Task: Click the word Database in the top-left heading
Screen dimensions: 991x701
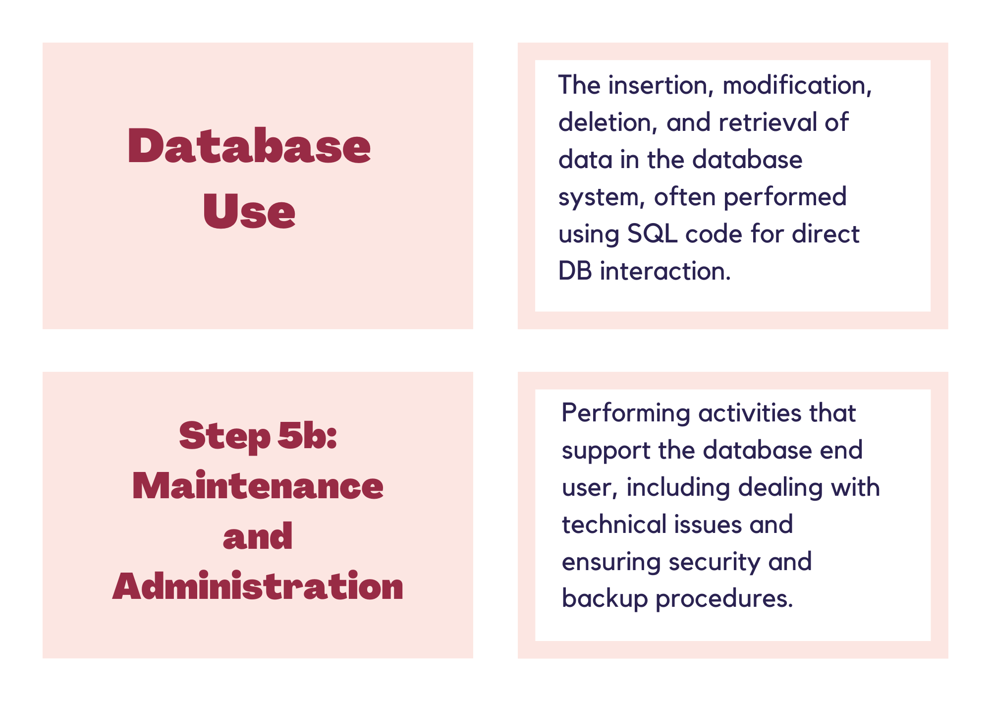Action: (249, 146)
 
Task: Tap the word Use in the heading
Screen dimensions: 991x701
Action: (249, 211)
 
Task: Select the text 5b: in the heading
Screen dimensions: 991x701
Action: (307, 435)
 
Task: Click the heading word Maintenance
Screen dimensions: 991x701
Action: (258, 486)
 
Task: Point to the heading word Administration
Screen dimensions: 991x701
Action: (258, 586)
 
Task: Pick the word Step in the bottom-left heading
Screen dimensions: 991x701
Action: (224, 437)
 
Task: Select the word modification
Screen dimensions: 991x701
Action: (797, 85)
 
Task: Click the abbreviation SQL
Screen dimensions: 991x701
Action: (652, 234)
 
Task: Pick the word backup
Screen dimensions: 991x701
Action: (605, 599)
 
